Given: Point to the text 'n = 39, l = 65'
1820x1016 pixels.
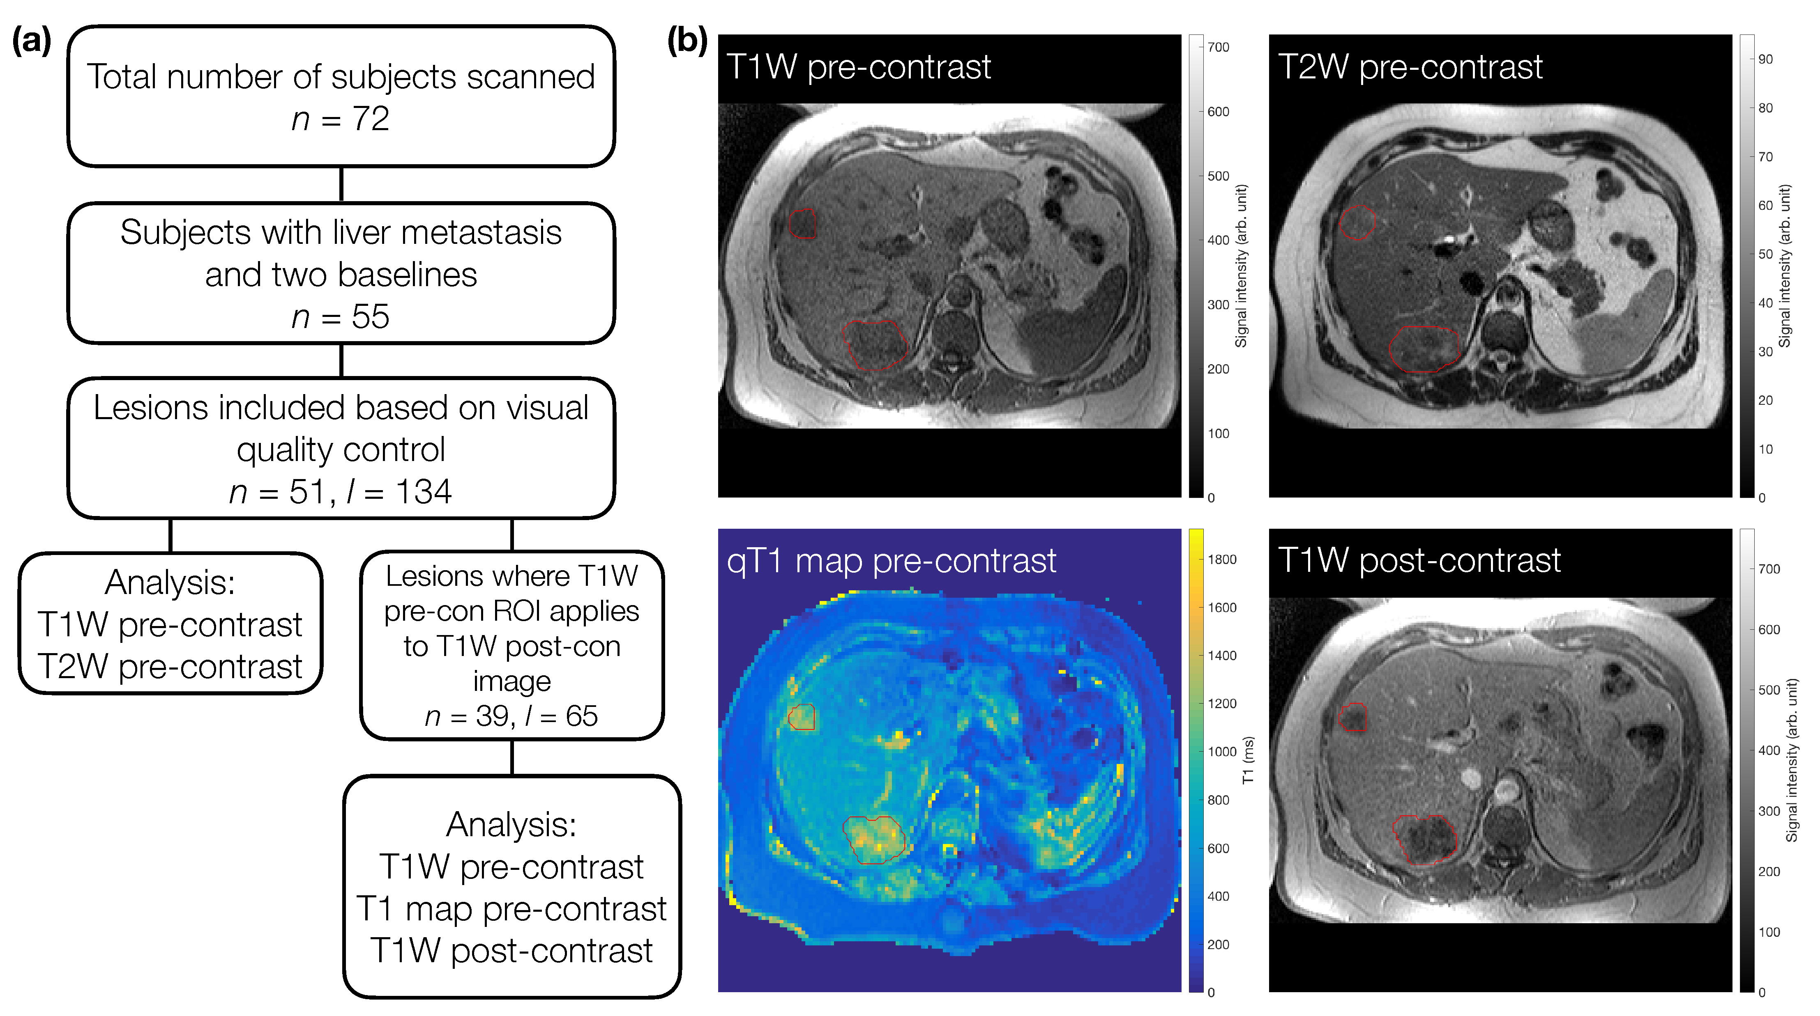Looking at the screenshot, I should click(x=511, y=716).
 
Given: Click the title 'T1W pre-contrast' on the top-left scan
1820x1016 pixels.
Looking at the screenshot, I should click(x=858, y=67).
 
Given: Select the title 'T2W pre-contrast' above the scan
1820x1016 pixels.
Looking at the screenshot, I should click(x=1410, y=67).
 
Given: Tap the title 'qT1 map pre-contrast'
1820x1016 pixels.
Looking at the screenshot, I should click(x=892, y=561).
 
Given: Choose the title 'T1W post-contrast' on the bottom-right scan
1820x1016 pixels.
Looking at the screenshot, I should click(x=1419, y=561).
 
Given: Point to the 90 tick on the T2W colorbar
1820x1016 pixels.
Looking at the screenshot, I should click(x=1765, y=59).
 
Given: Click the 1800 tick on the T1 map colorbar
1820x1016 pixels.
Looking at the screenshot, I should click(x=1221, y=559).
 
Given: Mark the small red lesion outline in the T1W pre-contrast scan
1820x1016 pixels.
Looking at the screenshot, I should click(x=803, y=223).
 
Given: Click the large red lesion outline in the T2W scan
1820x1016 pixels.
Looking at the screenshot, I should click(x=1424, y=349).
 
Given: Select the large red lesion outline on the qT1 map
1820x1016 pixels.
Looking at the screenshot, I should click(x=874, y=839).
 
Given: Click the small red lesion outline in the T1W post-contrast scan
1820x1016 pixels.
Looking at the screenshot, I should click(x=1353, y=717).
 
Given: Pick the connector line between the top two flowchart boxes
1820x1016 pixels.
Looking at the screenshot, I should click(x=341, y=184).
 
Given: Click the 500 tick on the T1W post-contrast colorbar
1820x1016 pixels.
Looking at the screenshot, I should click(x=1768, y=690).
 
